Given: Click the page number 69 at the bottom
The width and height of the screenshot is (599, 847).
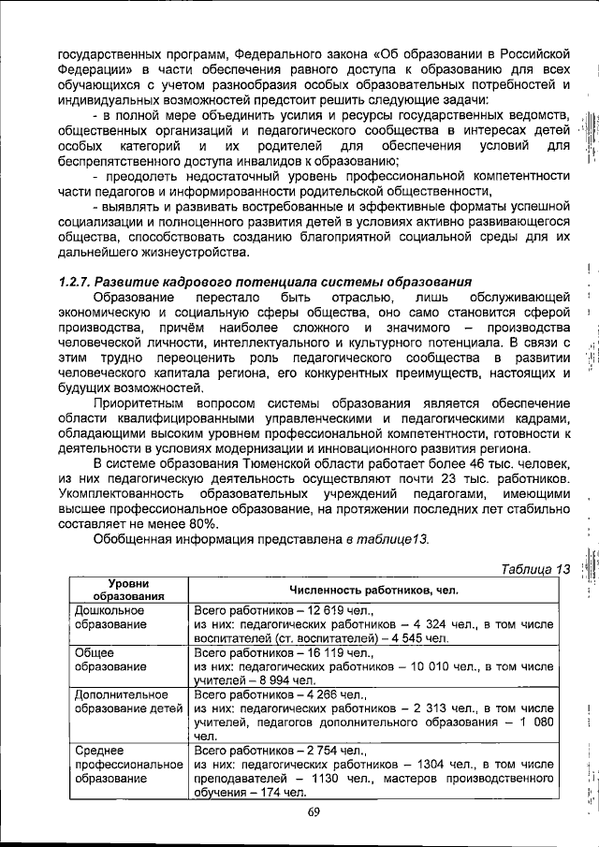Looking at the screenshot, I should point(314,811).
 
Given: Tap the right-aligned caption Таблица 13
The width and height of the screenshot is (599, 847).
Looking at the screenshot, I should point(534,569).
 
